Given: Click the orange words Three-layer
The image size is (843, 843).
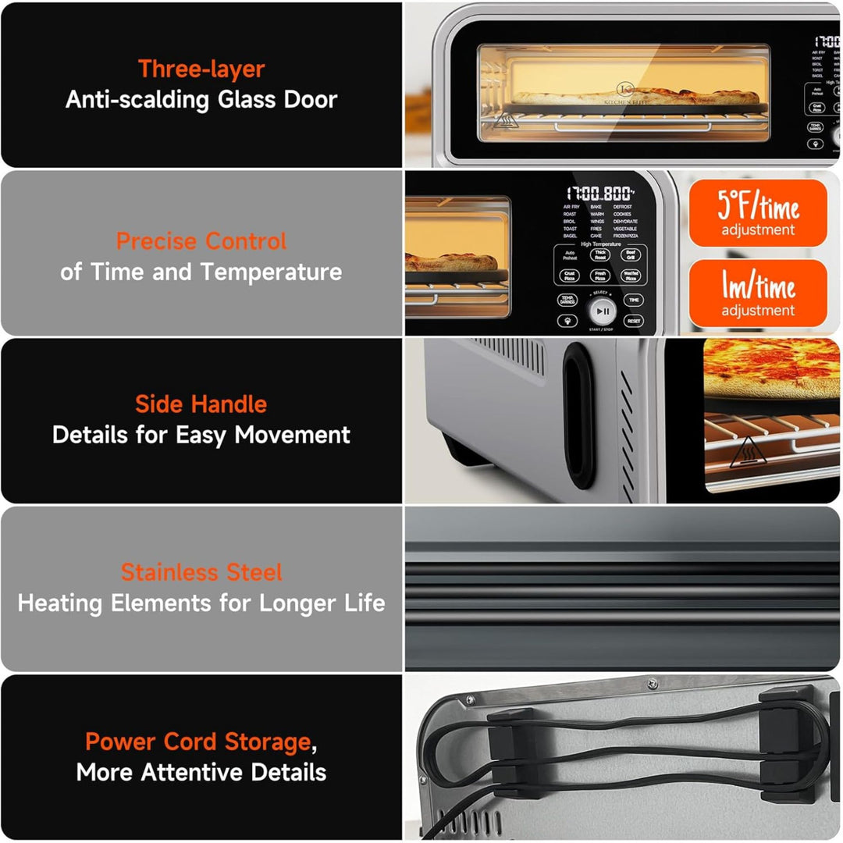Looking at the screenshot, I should click(201, 69).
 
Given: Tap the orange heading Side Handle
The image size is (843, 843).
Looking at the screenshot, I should click(201, 404).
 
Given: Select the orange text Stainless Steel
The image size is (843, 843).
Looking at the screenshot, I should click(201, 572).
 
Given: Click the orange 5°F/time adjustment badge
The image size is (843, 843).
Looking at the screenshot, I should click(758, 213).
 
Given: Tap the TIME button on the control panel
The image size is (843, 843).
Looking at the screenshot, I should click(633, 300).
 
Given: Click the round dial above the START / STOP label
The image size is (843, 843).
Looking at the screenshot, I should click(602, 311).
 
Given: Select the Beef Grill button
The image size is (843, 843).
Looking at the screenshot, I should click(631, 255).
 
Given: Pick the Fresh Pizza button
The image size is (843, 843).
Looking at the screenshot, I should click(599, 276).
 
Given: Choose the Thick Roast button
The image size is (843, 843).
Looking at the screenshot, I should click(599, 255).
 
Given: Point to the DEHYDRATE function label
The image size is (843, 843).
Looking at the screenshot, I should click(625, 222).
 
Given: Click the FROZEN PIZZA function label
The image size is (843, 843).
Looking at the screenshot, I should click(625, 235).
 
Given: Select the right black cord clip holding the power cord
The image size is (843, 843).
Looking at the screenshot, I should click(781, 745).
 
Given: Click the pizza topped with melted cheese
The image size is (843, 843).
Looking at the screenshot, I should click(771, 369).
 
